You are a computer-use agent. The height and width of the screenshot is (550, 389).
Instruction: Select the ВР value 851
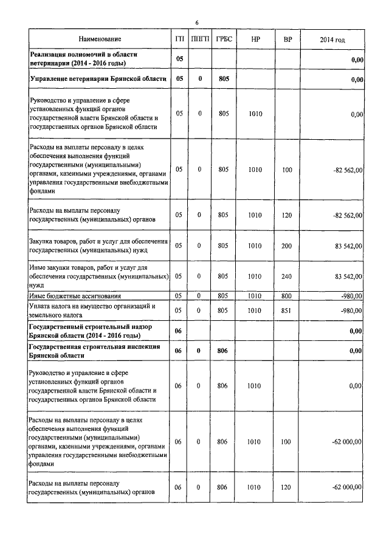(287, 311)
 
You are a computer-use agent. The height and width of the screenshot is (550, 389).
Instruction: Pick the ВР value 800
(287, 296)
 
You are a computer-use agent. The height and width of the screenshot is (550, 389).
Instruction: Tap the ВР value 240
(287, 275)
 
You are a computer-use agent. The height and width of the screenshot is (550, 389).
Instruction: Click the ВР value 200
(287, 246)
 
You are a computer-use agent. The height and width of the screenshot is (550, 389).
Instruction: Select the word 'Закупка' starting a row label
(43, 241)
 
